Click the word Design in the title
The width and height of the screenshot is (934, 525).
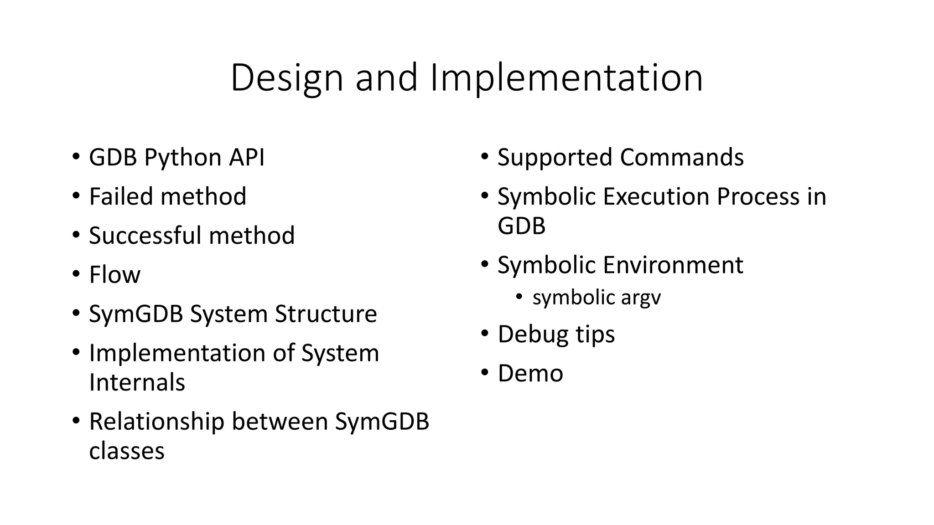point(286,78)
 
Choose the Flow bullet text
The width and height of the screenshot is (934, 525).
point(114,275)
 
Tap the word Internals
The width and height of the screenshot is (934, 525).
point(137,382)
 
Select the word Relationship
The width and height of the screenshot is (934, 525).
point(156,422)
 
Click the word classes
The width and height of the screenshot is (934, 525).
point(126,451)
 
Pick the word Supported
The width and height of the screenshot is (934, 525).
point(555,158)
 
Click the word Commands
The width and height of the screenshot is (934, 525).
point(681,158)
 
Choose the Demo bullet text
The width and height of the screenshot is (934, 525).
point(530,373)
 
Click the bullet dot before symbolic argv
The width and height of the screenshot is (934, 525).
point(519,297)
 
